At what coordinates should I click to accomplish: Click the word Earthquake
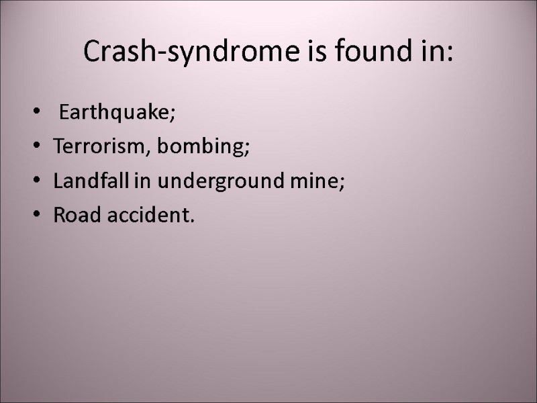[x=114, y=114]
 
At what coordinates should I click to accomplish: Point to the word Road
[x=72, y=216]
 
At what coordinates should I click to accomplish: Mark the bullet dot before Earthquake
[x=35, y=114]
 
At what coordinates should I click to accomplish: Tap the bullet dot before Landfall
[x=35, y=182]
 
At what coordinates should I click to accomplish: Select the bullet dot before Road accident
[x=35, y=216]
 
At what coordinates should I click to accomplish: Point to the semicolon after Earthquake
[x=173, y=116]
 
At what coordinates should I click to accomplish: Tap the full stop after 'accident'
[x=193, y=220]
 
